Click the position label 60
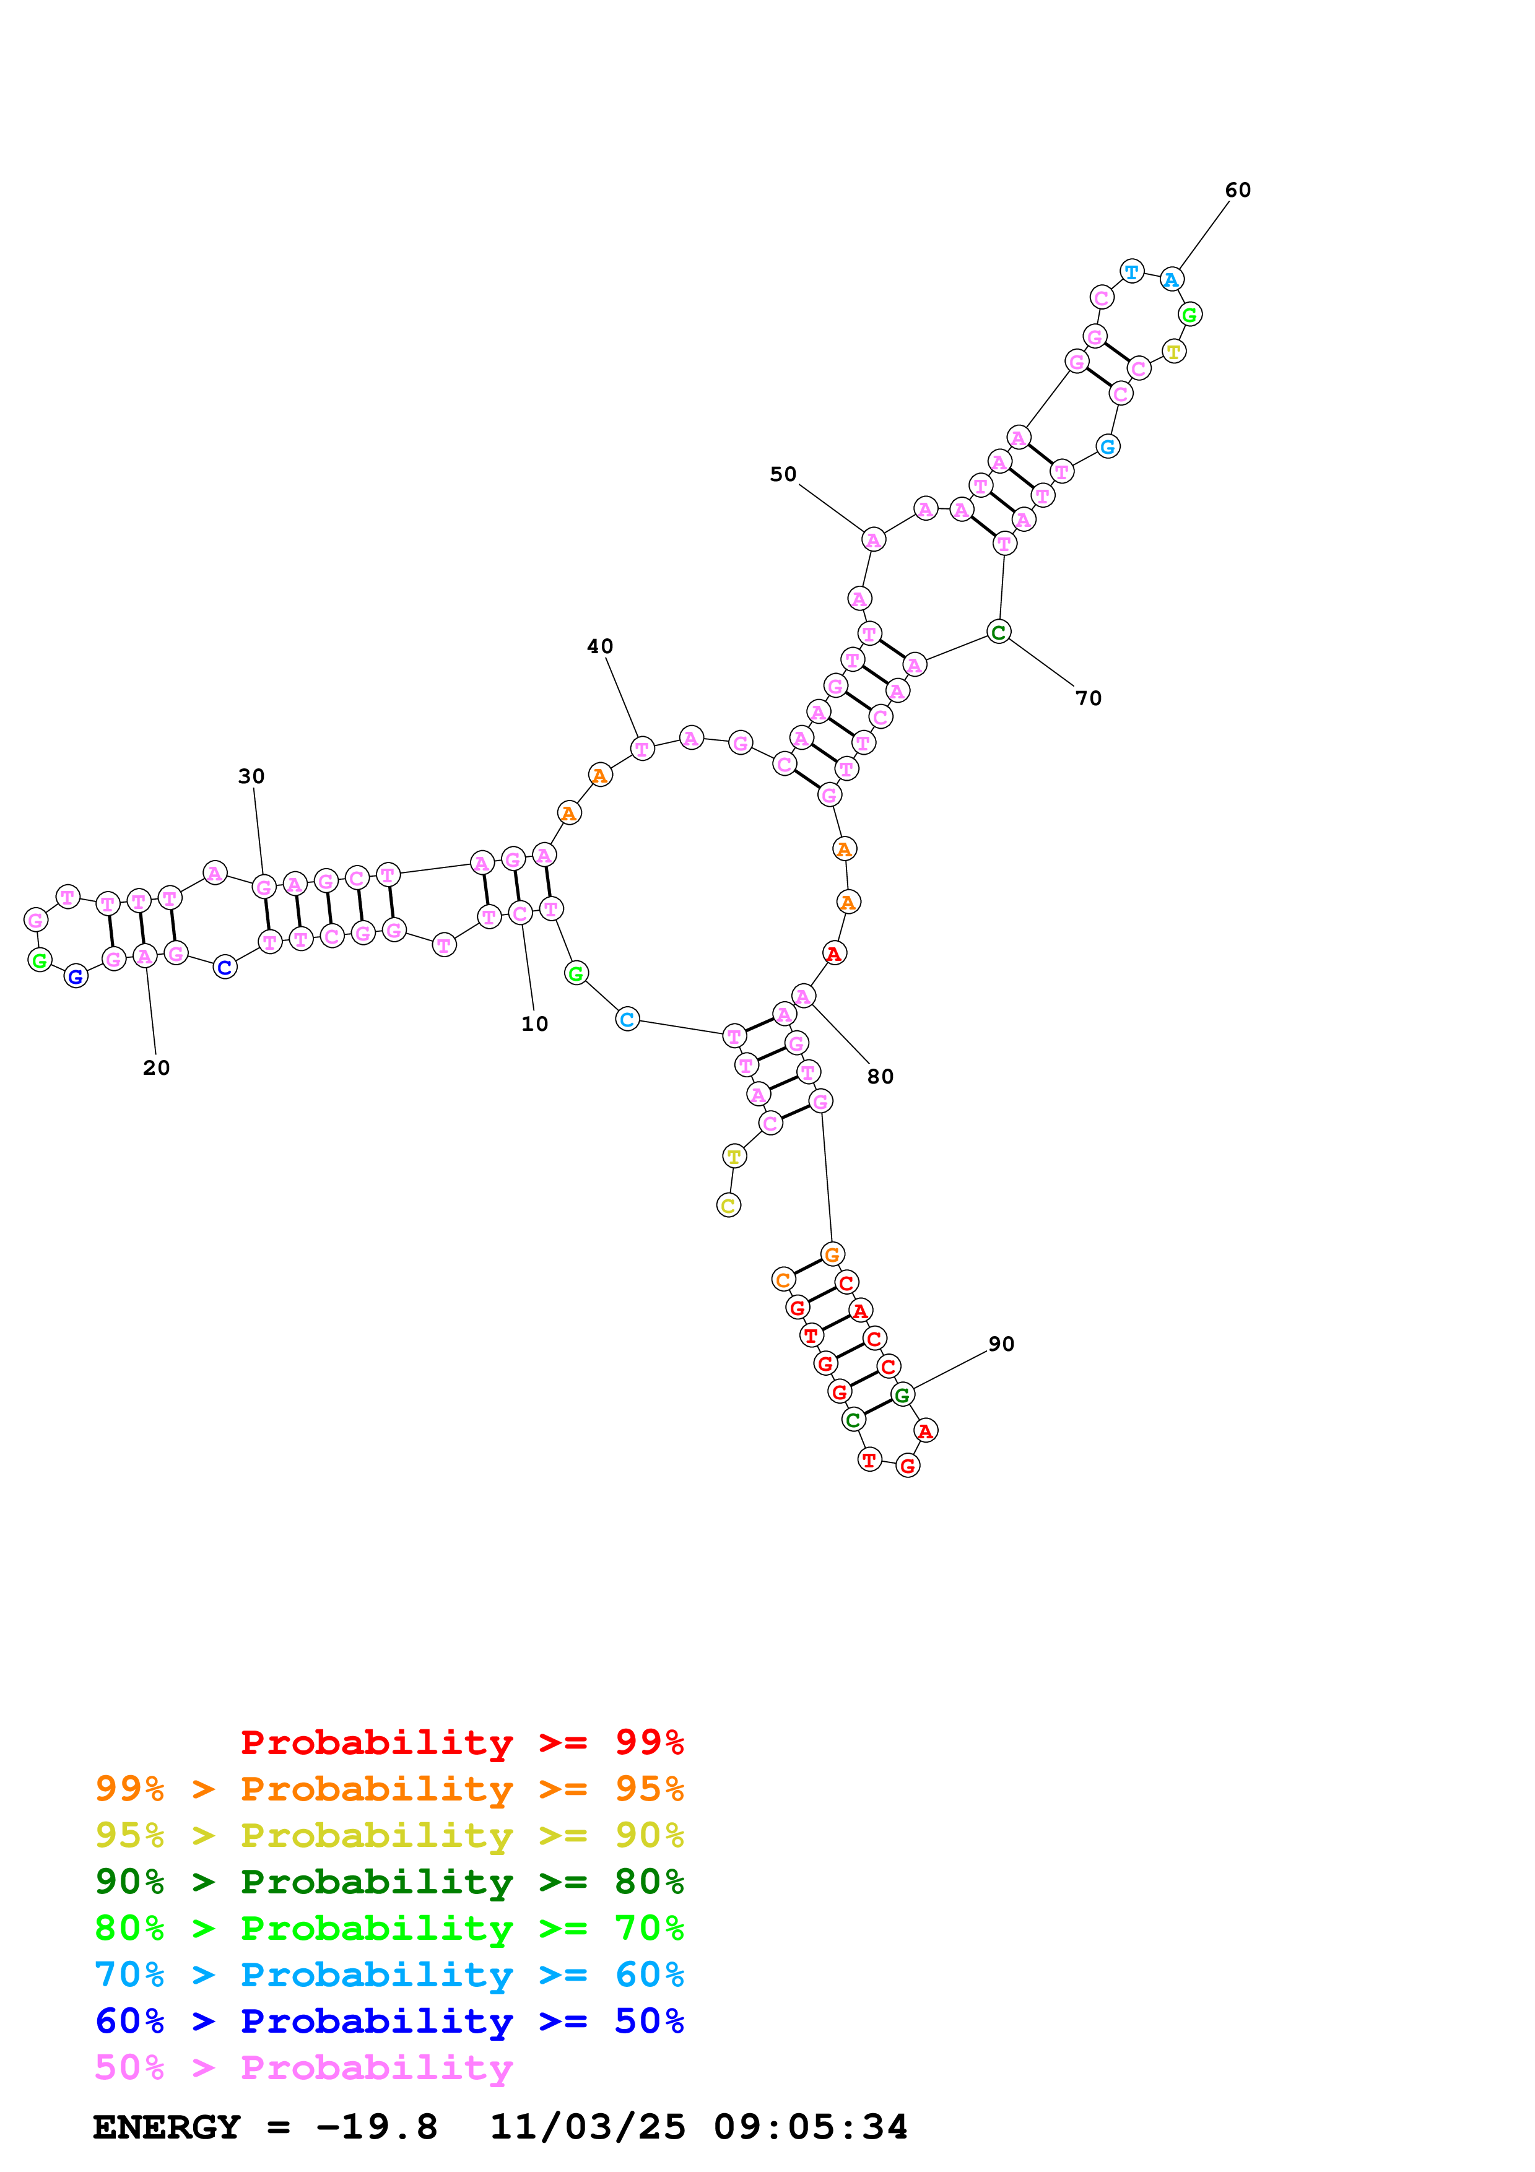[x=1237, y=190]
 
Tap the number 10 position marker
[x=534, y=1023]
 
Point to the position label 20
[x=156, y=1068]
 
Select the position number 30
[x=251, y=776]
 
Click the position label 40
[x=599, y=646]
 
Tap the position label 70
[x=1089, y=698]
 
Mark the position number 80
[x=879, y=1077]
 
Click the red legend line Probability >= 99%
[x=461, y=1742]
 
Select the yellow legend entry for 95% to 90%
[x=389, y=1835]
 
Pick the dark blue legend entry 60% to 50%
[x=389, y=2021]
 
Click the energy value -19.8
[x=376, y=2127]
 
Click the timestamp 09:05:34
[x=811, y=2127]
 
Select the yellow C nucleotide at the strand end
[x=728, y=1205]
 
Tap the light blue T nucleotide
[x=1131, y=271]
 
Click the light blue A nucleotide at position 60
[x=1172, y=280]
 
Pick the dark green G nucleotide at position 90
[x=902, y=1394]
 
